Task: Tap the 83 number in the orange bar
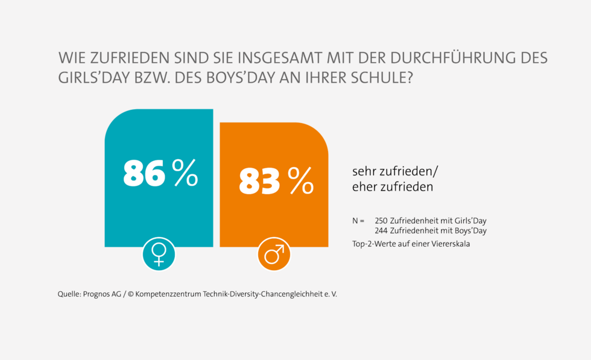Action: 260,181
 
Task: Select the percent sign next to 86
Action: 185,173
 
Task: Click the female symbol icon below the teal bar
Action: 159,254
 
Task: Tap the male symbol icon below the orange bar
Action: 274,254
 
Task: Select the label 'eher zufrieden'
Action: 393,188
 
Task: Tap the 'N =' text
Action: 358,221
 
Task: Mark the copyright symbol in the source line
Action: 131,294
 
